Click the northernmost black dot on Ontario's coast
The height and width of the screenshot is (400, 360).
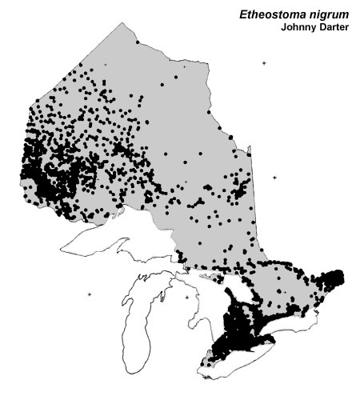pos(137,42)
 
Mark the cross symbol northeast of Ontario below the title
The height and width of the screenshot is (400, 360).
pos(262,63)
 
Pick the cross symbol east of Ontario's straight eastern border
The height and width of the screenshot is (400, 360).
pos(274,178)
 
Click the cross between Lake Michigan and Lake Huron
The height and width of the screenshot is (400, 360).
pos(186,298)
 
